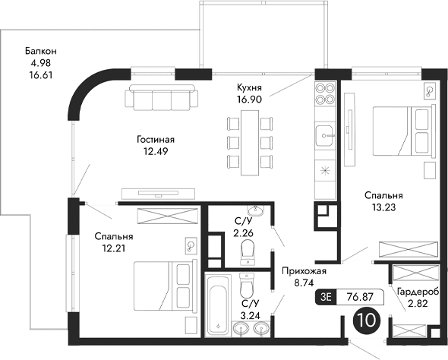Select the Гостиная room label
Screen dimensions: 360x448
tap(156, 139)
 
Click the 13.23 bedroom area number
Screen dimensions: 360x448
tap(383, 206)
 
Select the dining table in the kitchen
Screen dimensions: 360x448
tap(248, 137)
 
